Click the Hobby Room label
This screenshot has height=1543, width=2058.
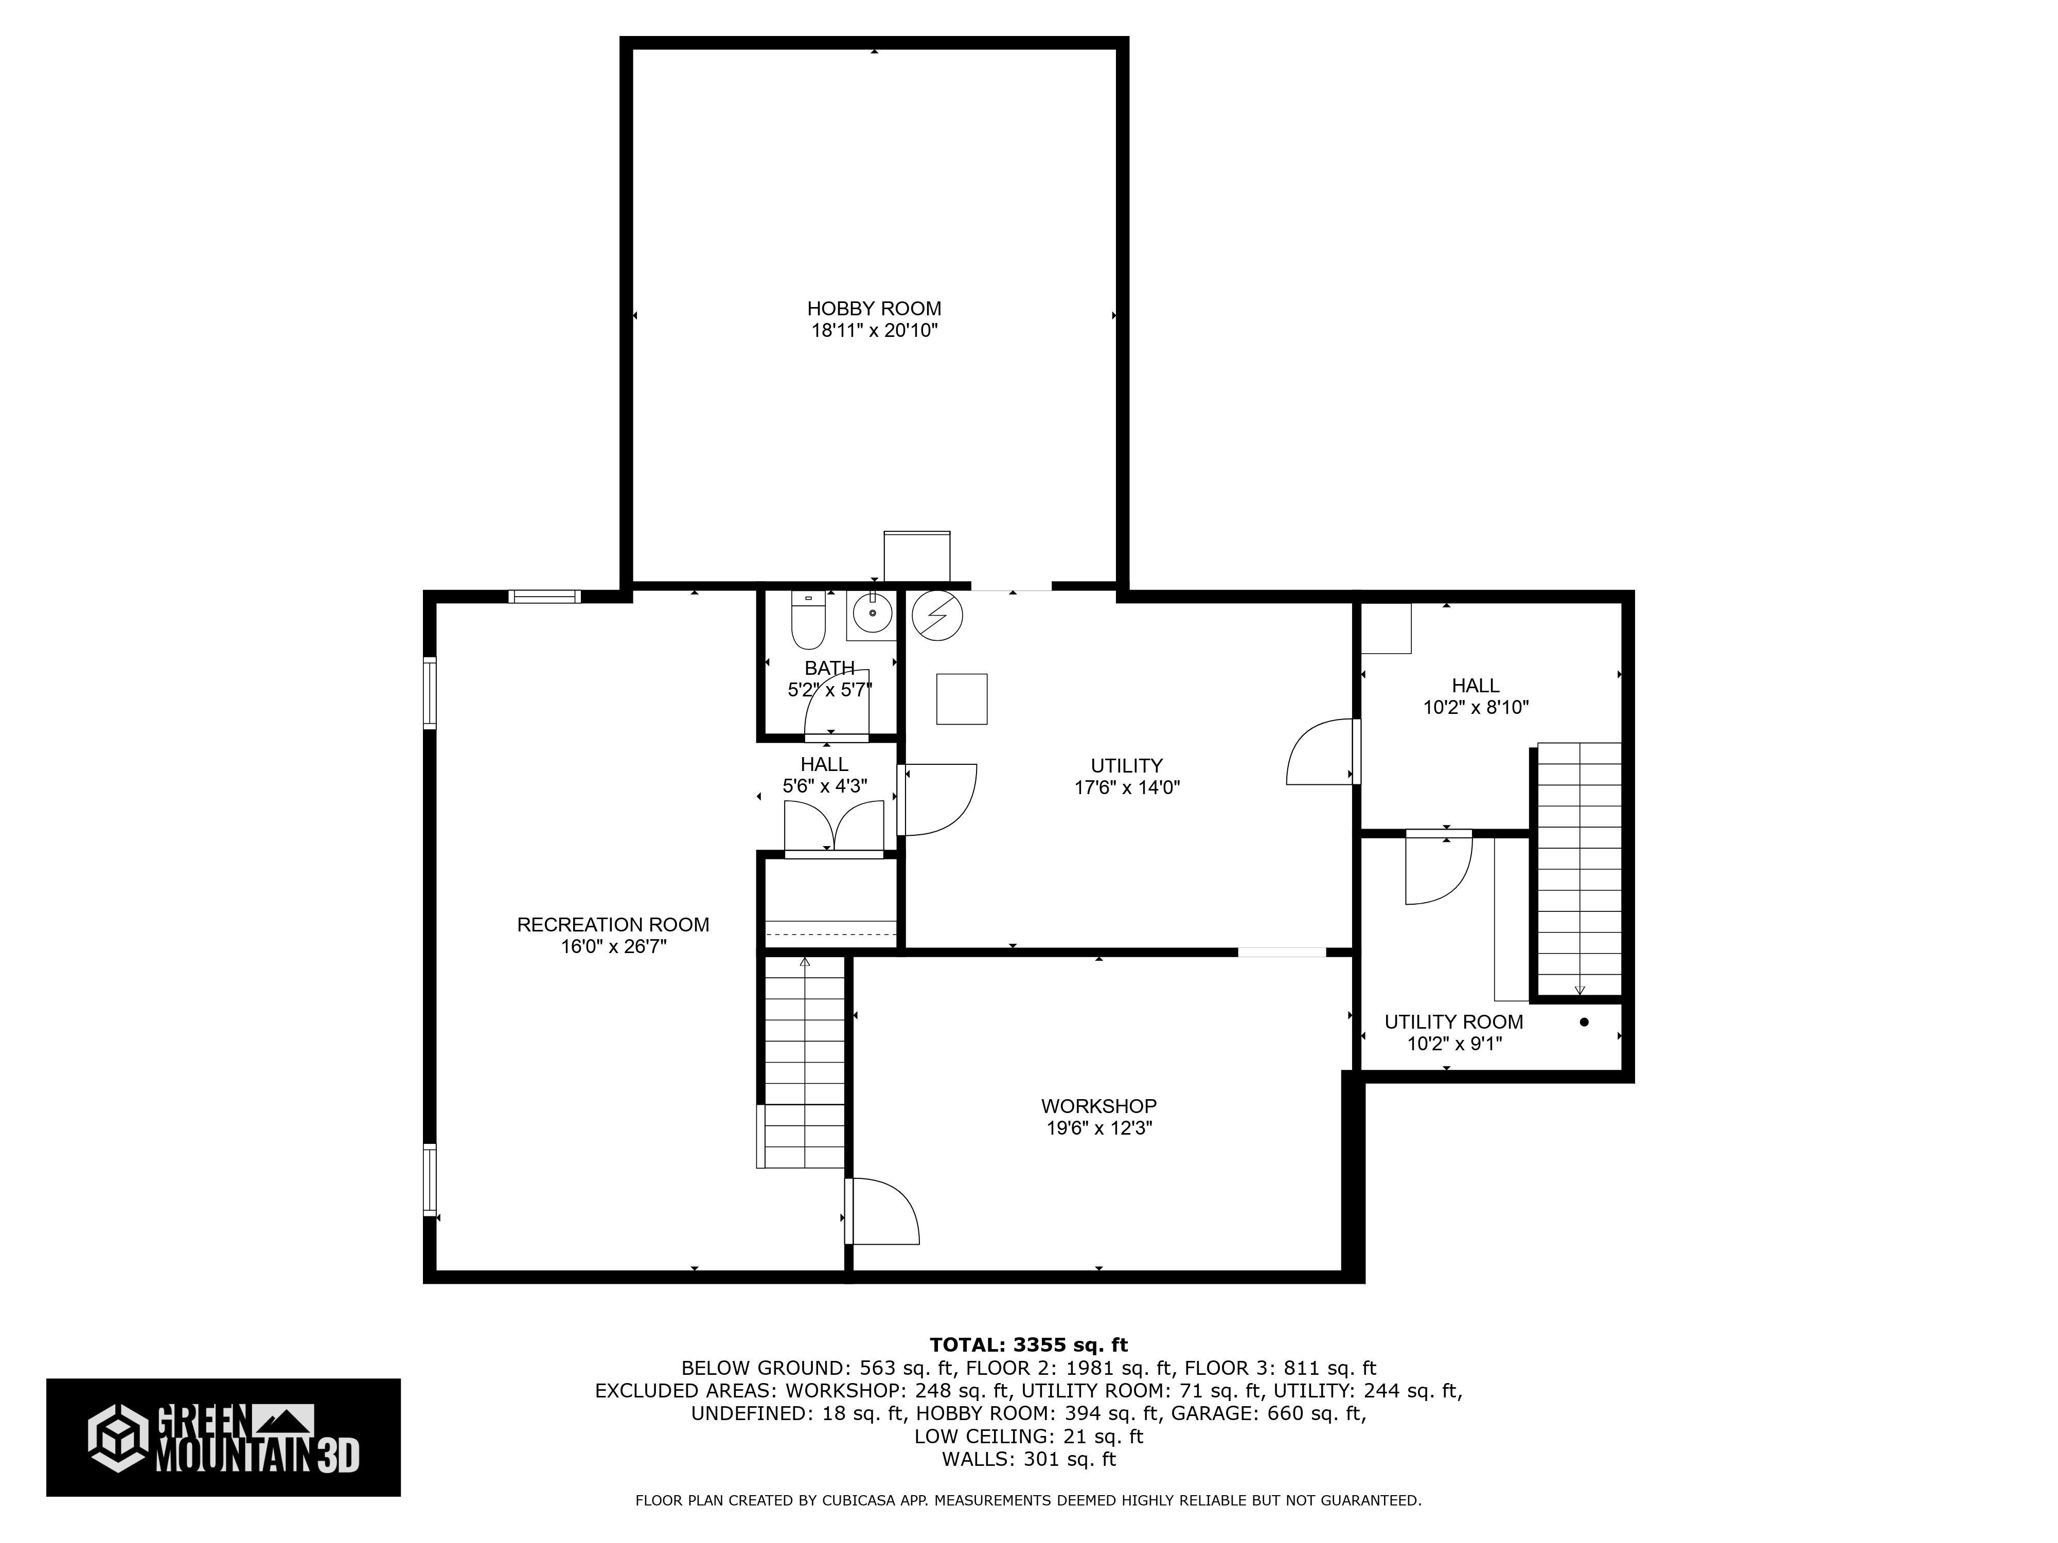[x=874, y=309]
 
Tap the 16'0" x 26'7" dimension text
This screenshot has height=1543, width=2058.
[x=613, y=947]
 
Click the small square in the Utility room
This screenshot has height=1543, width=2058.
[x=961, y=698]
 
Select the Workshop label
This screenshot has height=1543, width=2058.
[x=1098, y=1106]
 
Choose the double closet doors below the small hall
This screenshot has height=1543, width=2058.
[x=833, y=827]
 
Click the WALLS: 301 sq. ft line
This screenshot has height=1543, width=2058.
[x=1028, y=1459]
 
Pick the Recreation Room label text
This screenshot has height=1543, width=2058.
[x=613, y=924]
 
